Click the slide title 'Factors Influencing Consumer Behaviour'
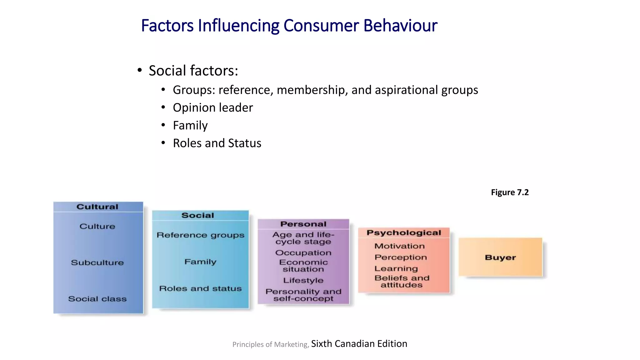point(289,26)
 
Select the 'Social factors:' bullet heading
point(193,71)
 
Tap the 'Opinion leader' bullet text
point(213,108)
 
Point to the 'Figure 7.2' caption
point(510,192)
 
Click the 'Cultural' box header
point(97,207)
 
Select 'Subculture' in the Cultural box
point(97,262)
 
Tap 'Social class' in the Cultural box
point(97,299)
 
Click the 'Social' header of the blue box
point(198,215)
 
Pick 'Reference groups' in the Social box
point(200,235)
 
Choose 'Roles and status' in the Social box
point(200,288)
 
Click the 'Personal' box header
point(303,224)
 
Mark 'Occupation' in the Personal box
point(303,252)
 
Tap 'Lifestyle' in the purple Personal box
point(303,280)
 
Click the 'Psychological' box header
point(404,233)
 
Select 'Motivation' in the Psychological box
point(399,246)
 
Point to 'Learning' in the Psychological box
point(396,268)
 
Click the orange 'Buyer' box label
point(500,257)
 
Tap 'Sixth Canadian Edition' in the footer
point(359,344)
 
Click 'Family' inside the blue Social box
point(200,262)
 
